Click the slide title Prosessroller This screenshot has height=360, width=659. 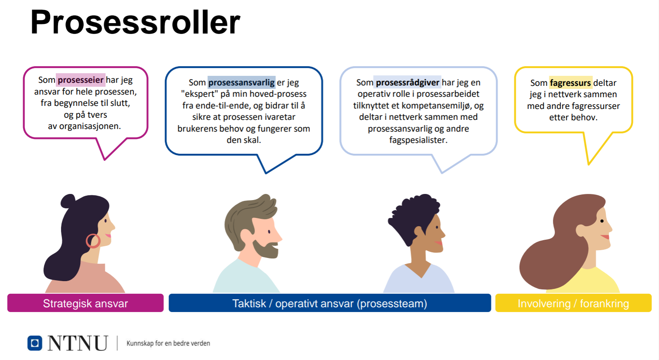click(135, 22)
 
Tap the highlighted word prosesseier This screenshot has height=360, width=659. click(81, 80)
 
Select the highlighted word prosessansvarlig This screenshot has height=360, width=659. click(241, 82)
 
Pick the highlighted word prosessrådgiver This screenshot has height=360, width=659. click(408, 82)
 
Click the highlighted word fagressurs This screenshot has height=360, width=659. click(571, 83)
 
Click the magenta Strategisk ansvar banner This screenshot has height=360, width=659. click(85, 303)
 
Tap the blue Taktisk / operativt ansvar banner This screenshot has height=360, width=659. click(330, 303)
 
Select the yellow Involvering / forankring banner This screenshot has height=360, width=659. click(574, 303)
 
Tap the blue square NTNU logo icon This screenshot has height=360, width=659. click(35, 343)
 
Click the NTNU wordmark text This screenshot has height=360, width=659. click(78, 343)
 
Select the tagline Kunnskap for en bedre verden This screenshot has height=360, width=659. click(168, 343)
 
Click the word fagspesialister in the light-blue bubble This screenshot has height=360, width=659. click(418, 140)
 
